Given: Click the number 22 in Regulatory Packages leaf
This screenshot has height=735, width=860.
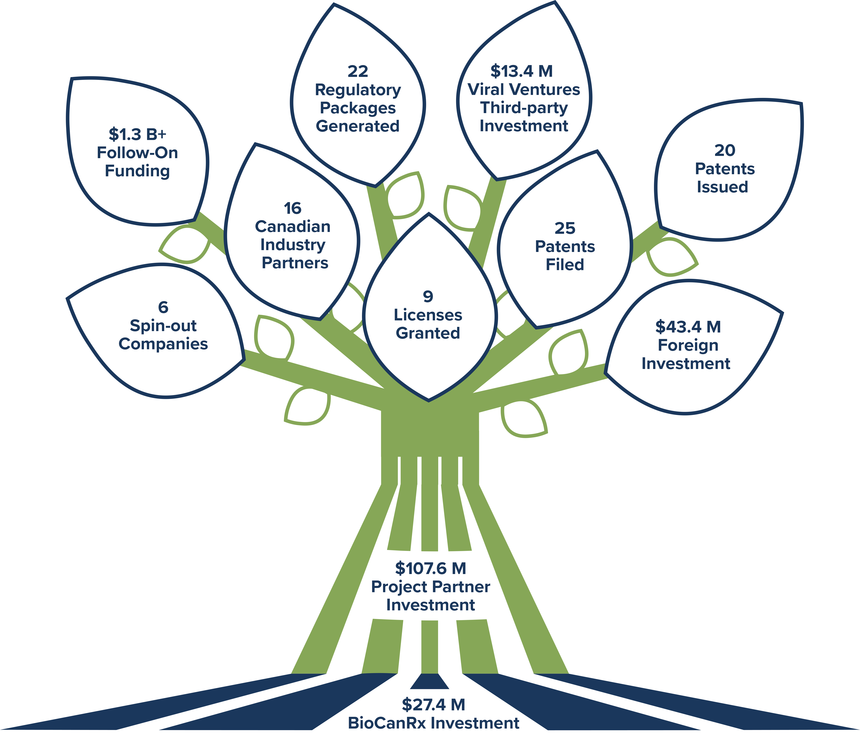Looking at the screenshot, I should [358, 71].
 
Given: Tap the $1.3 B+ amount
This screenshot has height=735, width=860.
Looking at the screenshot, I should [137, 134].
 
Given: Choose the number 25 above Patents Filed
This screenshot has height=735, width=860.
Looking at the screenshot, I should [565, 228].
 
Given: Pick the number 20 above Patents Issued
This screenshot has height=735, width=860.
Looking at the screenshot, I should [725, 150].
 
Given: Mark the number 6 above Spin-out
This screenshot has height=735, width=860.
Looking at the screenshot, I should [163, 307].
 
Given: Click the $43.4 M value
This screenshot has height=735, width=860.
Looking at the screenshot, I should [688, 327].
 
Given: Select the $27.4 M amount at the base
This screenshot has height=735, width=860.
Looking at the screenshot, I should [433, 705].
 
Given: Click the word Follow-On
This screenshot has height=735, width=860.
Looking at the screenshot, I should [137, 153].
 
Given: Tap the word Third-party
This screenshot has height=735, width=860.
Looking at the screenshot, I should [524, 107].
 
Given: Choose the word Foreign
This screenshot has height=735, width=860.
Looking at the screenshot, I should [688, 345].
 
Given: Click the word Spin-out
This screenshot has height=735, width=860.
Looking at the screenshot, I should [163, 326].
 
